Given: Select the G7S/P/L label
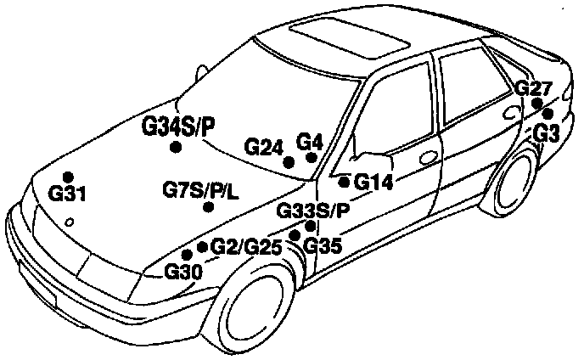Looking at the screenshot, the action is point(201,189).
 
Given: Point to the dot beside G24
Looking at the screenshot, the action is point(289,161).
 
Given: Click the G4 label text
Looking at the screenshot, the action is point(309,141).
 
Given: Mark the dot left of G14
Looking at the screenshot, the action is point(344,181).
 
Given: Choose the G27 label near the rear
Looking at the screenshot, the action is point(534,88).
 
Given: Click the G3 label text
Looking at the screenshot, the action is point(547,132).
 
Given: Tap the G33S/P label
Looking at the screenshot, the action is point(313,210).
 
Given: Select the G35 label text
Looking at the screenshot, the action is point(323,246).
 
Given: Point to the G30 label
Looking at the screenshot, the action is point(182,272).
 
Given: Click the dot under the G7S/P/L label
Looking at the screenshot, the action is point(207,208).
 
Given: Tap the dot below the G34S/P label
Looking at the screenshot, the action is point(176,147).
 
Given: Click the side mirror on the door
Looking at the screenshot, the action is point(373,160).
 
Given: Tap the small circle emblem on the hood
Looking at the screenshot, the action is point(69,222).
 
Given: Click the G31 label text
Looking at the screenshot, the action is point(68,194).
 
